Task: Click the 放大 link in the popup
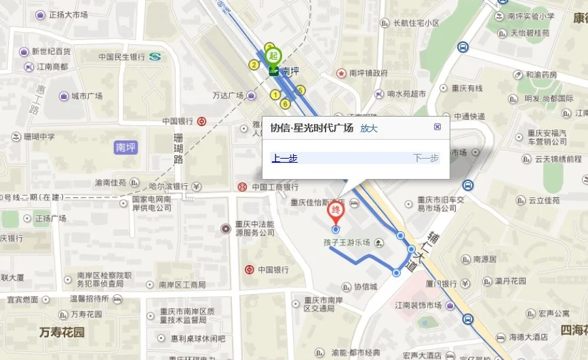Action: pos(369,127)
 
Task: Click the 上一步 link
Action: pos(285,159)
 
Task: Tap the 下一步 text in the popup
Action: pos(426,159)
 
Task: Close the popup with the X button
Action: pos(437,127)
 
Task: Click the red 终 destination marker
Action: pos(335,212)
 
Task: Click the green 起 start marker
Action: pos(273,55)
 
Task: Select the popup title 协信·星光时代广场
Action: pos(312,127)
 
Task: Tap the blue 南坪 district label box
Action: pos(126,146)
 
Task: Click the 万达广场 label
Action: pos(228,96)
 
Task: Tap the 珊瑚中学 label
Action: pos(39,136)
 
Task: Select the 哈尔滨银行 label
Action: pos(168,186)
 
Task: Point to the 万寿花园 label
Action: pos(62,332)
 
